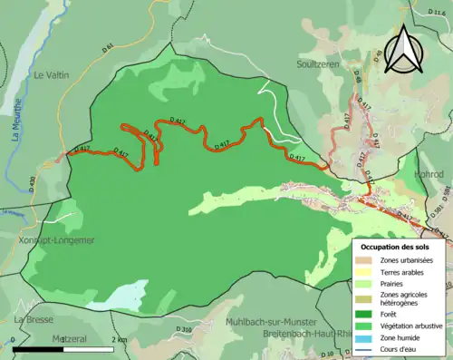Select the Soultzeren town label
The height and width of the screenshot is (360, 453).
[317, 64]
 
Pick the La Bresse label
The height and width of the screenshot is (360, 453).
[34, 320]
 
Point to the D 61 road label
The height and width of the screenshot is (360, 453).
[111, 44]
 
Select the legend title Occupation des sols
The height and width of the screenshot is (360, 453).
[400, 247]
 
